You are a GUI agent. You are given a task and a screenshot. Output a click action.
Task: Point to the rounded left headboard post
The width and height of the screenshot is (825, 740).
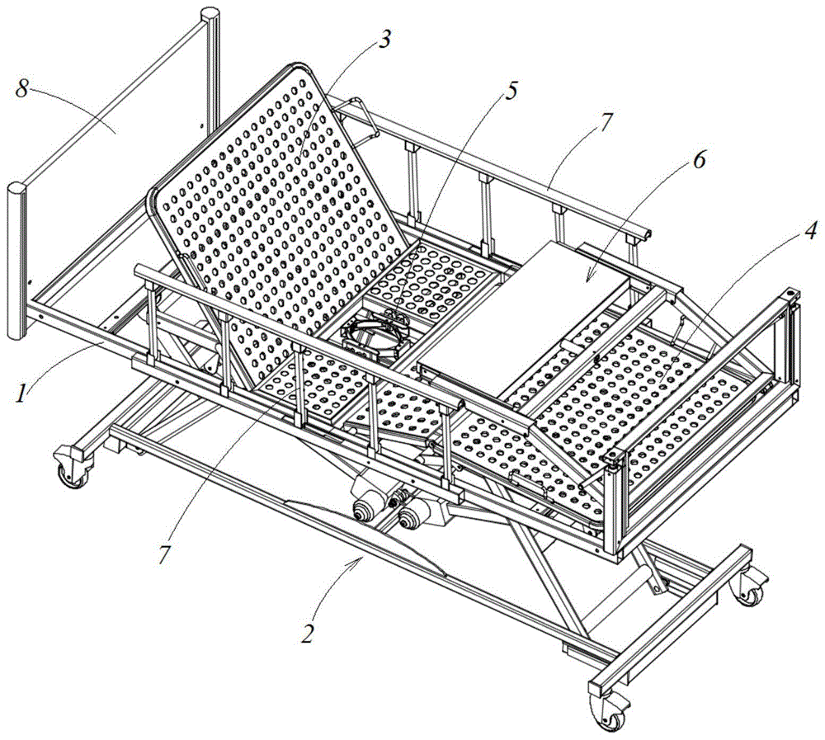point(15,264)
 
